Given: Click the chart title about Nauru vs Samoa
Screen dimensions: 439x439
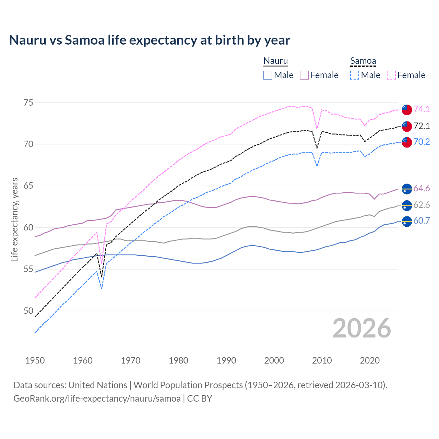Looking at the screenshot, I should [150, 40].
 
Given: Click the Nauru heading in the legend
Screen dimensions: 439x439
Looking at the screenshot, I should [275, 61].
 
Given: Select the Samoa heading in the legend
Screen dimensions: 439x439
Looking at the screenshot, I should [363, 61].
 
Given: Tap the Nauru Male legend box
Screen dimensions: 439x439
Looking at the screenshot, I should [268, 75].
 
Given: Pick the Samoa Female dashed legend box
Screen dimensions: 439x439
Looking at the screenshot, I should [391, 75].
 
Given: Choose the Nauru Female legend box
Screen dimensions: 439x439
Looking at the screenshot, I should [304, 75].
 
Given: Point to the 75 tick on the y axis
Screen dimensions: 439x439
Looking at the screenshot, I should [28, 103].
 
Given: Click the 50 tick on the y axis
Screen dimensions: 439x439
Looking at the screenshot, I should [28, 311].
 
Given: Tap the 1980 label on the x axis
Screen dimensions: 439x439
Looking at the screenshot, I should [178, 360].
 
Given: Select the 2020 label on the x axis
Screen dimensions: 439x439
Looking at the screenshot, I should [370, 360].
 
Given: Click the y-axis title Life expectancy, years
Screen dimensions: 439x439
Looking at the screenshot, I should [14, 219].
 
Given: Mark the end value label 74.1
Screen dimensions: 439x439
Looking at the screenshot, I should [422, 109].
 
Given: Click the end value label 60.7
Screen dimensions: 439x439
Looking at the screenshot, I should [422, 221].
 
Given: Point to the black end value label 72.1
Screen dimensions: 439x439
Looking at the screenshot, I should [422, 126].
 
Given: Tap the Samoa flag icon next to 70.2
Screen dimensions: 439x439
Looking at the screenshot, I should [407, 142].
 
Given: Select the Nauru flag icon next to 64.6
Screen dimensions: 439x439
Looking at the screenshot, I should [407, 189].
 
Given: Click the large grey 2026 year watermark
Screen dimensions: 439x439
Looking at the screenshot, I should [361, 329].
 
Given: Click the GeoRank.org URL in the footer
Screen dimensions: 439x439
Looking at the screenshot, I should [97, 399].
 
